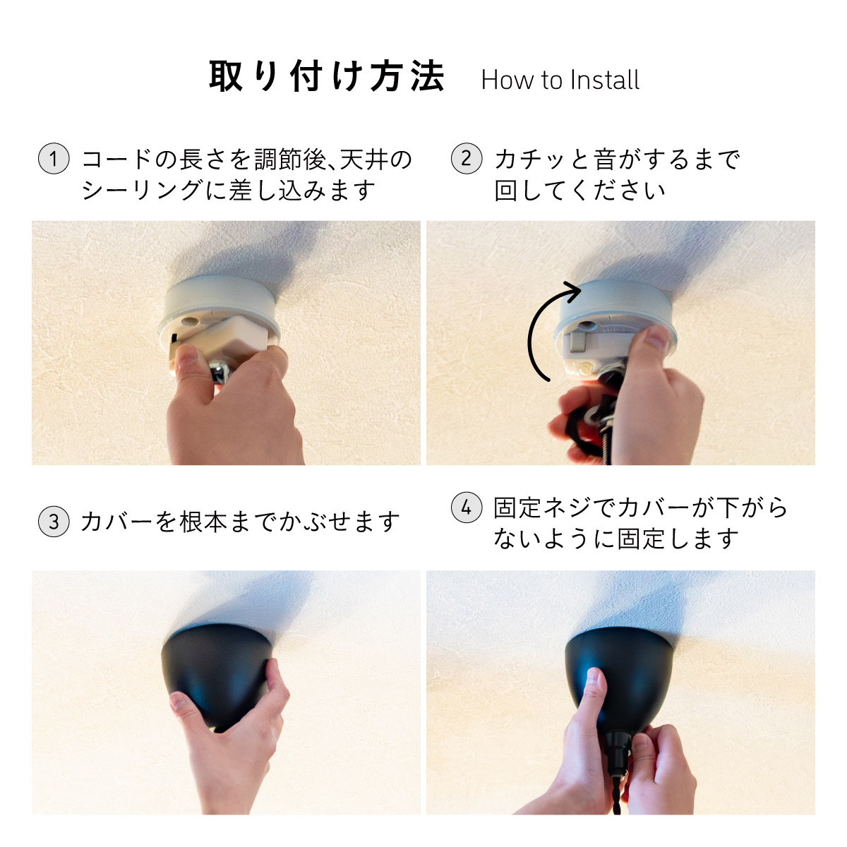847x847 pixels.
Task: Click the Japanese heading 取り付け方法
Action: click(327, 76)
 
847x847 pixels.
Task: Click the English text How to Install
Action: click(560, 80)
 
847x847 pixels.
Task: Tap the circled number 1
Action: click(54, 158)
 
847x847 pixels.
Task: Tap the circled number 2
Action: click(467, 158)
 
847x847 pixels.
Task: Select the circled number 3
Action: click(54, 522)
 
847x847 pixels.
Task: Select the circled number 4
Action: click(467, 507)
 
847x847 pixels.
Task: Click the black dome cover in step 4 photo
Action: click(620, 677)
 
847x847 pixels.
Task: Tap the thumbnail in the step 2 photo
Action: click(656, 337)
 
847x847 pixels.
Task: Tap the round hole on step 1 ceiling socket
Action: click(189, 321)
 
